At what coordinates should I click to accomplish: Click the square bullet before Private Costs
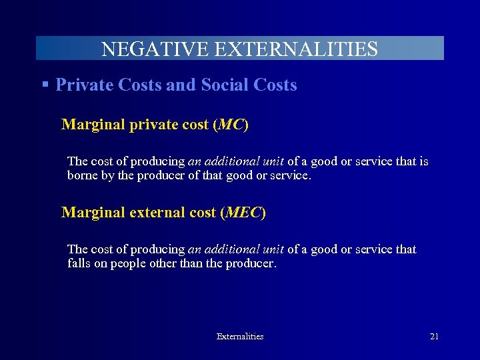[x=45, y=85]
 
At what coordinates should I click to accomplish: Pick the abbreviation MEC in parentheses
[x=243, y=213]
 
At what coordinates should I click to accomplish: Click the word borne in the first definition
[x=82, y=176]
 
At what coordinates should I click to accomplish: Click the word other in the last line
[x=173, y=263]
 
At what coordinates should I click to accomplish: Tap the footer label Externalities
[x=240, y=337]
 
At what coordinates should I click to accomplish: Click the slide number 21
[x=434, y=337]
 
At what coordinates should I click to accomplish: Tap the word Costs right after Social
[x=275, y=85]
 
